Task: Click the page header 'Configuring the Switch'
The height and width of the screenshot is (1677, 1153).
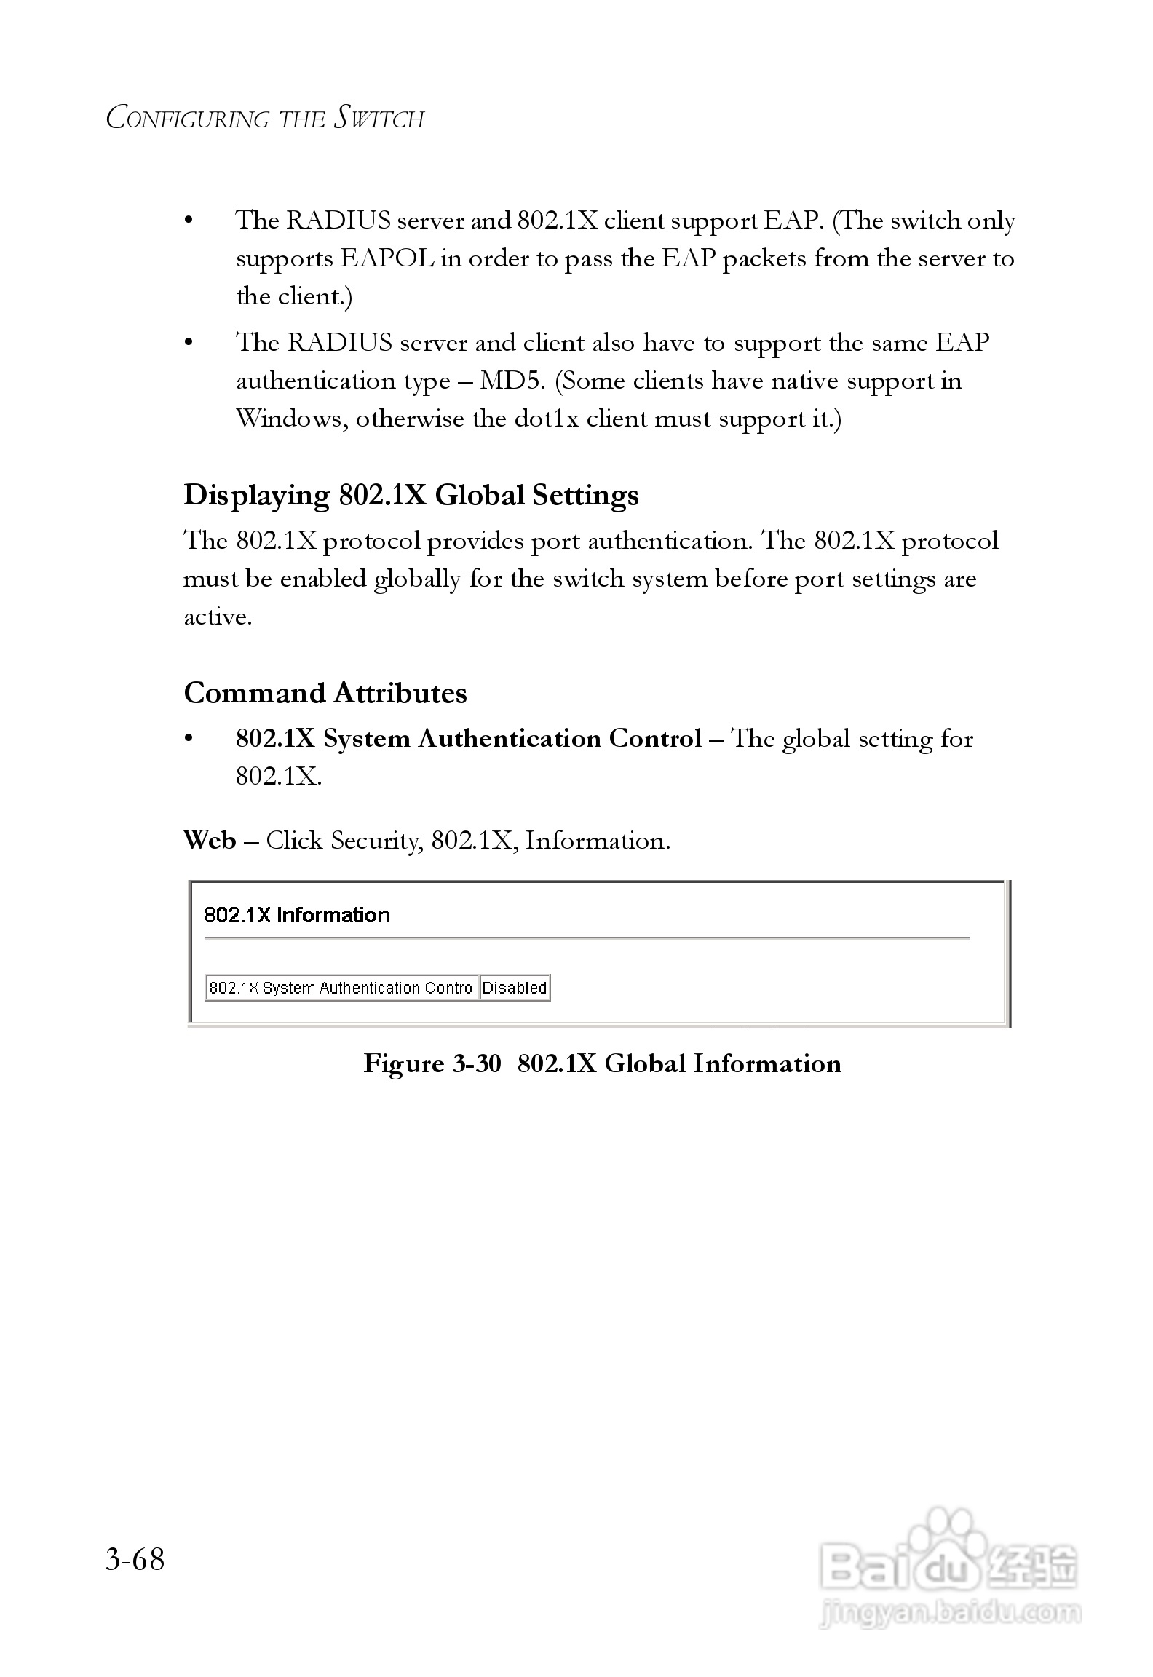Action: pos(265,119)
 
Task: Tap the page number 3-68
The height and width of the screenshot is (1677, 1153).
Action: pos(135,1560)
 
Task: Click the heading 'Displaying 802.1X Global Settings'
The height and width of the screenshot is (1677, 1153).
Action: pos(411,495)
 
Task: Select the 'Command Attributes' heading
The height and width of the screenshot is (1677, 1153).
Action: pos(325,693)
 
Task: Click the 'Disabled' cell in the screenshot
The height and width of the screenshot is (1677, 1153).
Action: pos(515,988)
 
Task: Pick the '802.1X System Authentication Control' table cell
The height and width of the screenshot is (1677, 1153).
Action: pos(342,988)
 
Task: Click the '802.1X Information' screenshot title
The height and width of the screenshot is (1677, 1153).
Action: pos(297,915)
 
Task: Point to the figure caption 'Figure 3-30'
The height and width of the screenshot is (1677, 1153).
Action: pos(432,1063)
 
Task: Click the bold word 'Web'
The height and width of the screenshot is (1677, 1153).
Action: pos(210,840)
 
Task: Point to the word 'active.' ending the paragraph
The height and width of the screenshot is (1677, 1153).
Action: pos(218,617)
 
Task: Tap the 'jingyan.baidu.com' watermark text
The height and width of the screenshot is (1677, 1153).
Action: pos(950,1613)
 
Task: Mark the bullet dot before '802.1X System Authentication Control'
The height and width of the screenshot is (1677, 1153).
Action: pos(189,739)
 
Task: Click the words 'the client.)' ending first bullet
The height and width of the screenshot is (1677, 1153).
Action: pos(294,297)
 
